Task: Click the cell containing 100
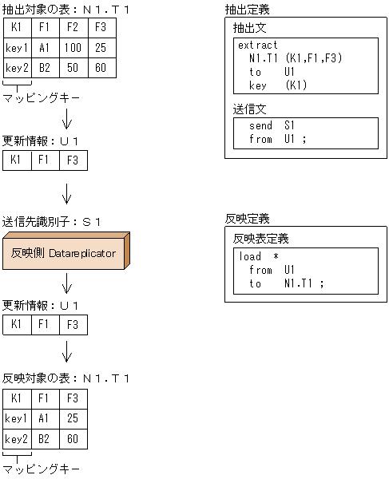(x=73, y=48)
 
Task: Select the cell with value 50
(x=73, y=68)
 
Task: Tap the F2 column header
(x=73, y=29)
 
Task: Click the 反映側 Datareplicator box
(x=64, y=254)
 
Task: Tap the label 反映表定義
(x=260, y=239)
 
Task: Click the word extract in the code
(x=258, y=46)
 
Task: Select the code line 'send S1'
(x=272, y=126)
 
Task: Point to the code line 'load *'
(x=259, y=257)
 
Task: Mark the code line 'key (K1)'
(x=278, y=85)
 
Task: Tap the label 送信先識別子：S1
(x=52, y=221)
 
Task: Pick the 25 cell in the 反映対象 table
(x=73, y=418)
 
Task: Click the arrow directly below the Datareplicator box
(x=67, y=285)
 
